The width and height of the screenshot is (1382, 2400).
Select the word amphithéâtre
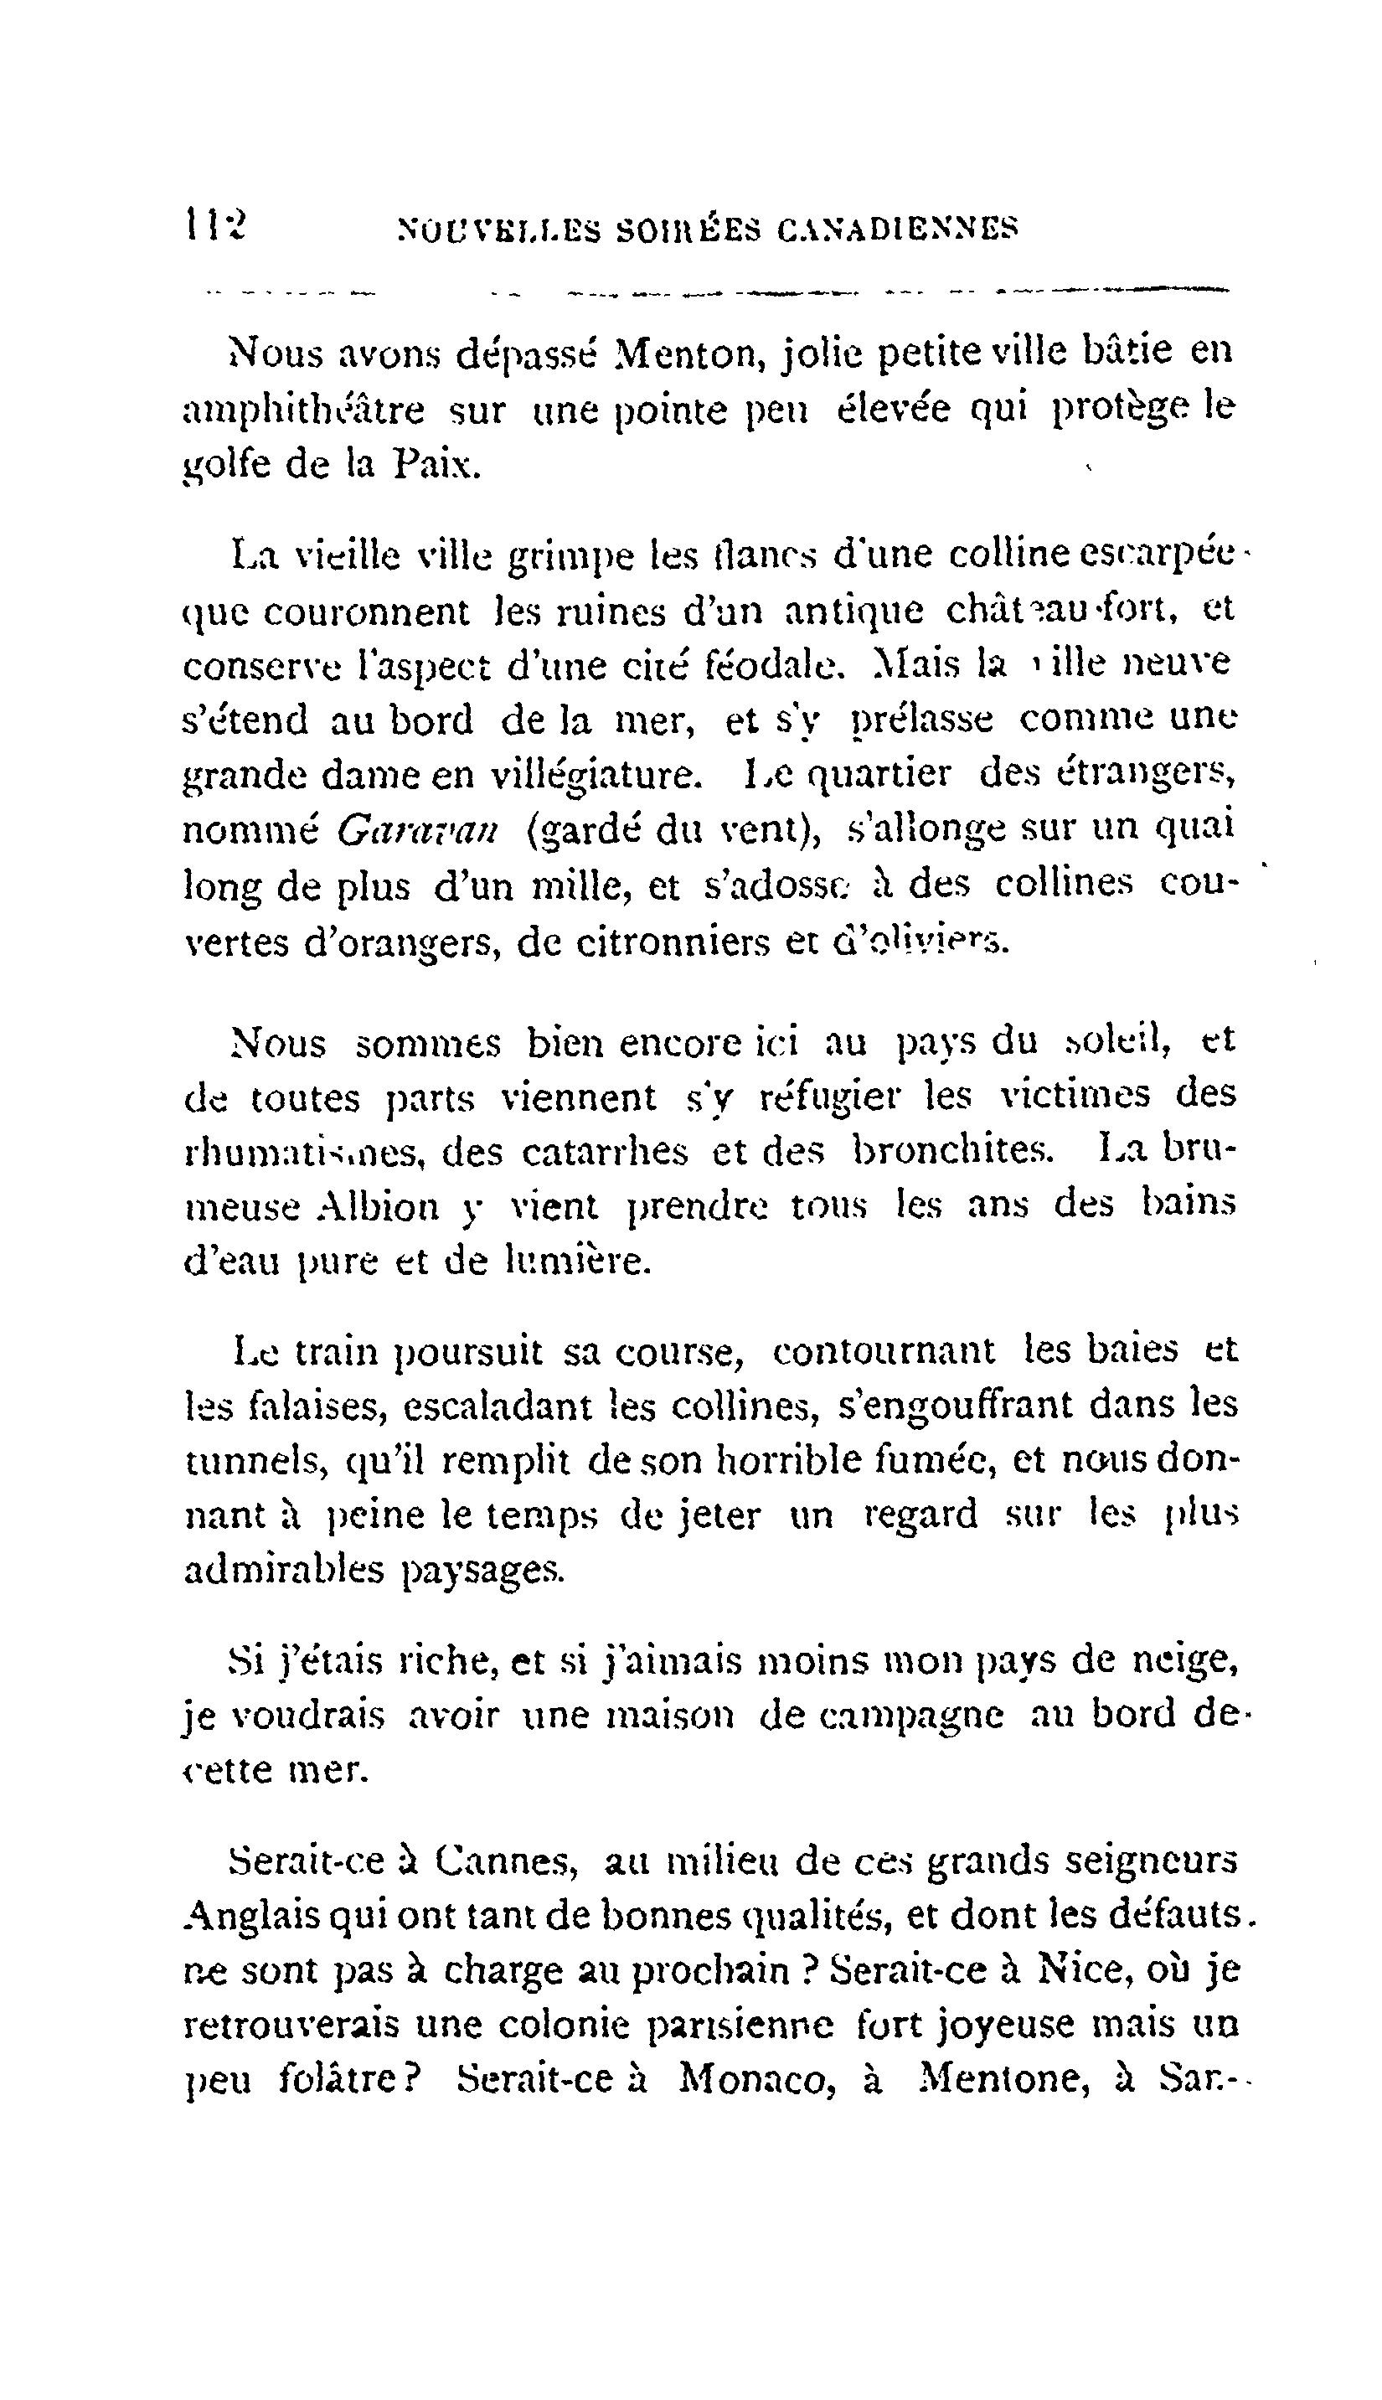(304, 410)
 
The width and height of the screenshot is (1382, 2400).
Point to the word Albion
(377, 1207)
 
